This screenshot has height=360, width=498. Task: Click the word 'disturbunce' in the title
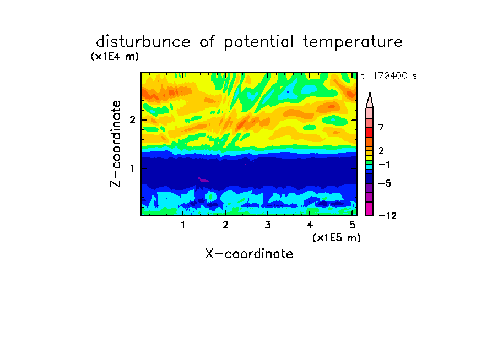pos(143,42)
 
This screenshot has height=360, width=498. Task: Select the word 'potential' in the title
pos(259,42)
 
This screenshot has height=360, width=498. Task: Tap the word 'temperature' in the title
pos(353,42)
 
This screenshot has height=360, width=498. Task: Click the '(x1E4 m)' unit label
pos(115,57)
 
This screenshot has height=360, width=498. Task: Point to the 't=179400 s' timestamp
pos(389,75)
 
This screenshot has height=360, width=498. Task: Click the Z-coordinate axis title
pos(116,144)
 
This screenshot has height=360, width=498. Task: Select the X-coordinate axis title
pos(249,254)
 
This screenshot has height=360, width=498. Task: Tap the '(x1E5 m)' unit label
pos(337,238)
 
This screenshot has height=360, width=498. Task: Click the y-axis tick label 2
pos(132,120)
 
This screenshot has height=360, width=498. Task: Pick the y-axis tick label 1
pos(132,168)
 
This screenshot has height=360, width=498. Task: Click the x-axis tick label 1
pos(183,225)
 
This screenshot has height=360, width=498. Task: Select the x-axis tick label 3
pos(268,225)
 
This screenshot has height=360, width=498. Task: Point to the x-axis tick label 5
pos(352,225)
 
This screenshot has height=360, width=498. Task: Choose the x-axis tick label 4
pos(310,225)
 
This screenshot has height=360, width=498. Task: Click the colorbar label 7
pos(381,128)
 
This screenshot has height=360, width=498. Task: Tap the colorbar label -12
pos(387,216)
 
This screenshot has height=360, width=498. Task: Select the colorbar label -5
pos(385,183)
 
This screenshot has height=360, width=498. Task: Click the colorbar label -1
pos(384,165)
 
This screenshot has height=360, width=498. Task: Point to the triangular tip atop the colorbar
pos(370,92)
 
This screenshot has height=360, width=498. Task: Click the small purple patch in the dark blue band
pos(203,179)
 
